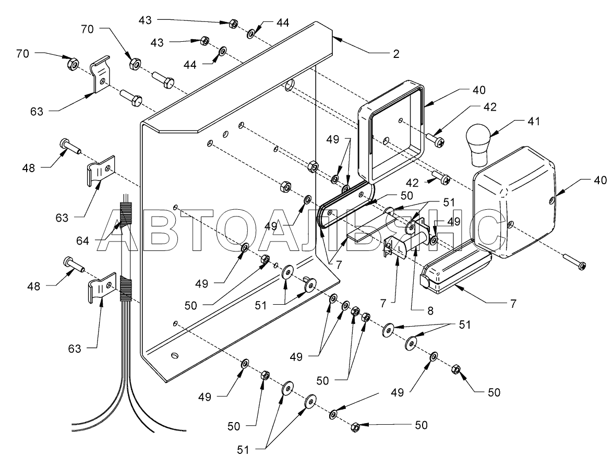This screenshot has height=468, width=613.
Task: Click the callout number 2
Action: coord(396,54)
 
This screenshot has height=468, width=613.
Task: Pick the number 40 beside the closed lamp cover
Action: coord(599,181)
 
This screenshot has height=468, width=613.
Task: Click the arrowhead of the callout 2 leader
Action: coord(334,37)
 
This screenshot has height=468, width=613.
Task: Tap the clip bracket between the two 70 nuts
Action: coord(101,76)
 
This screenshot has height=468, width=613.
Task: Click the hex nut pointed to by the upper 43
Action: coord(234,23)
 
